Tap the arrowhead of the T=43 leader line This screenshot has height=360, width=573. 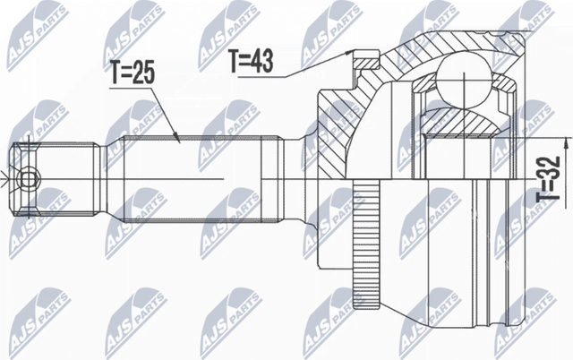pyautogui.click(x=351, y=56)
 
